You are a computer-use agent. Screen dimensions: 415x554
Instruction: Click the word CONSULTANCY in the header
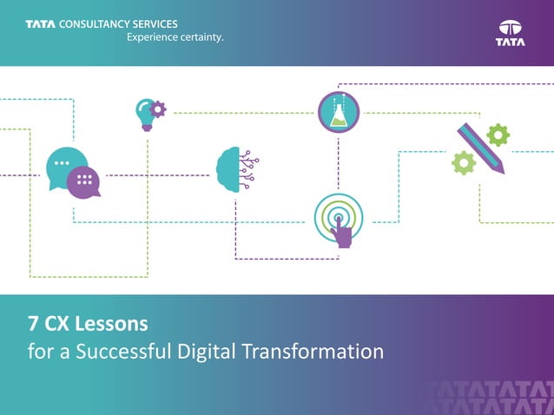click(96, 23)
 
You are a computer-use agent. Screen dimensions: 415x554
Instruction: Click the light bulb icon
click(144, 114)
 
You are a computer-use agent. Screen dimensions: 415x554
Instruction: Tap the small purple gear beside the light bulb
click(158, 109)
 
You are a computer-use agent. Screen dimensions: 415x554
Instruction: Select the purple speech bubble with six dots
click(84, 181)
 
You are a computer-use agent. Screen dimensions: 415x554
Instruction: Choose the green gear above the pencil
click(498, 135)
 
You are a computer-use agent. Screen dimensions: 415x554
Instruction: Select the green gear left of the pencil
click(464, 162)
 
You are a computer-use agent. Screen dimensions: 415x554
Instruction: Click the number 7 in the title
click(31, 325)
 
